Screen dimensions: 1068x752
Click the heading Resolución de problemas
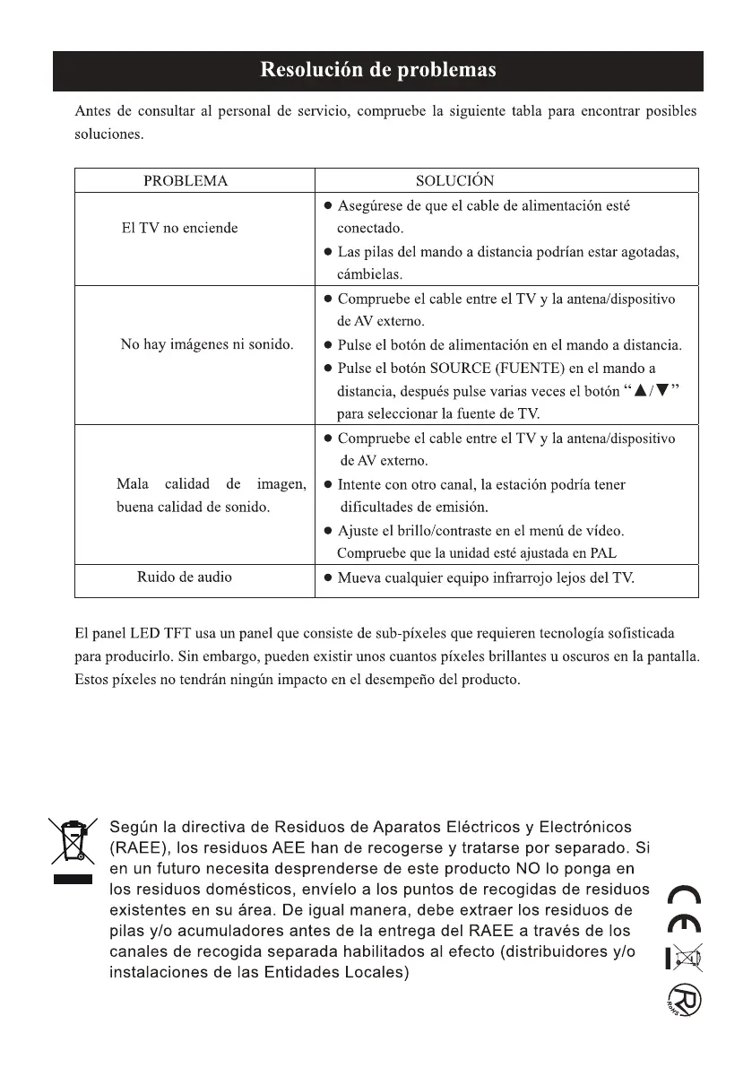[x=377, y=71]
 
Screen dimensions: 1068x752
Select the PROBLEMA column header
[x=186, y=180]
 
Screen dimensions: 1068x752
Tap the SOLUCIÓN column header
[x=454, y=180]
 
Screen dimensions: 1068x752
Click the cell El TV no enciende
[x=179, y=228]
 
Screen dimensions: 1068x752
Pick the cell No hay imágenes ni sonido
[x=207, y=344]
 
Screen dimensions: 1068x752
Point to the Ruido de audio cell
[x=184, y=577]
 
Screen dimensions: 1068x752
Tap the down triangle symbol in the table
[x=664, y=391]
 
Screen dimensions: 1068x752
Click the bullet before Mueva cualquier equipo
[x=329, y=578]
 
